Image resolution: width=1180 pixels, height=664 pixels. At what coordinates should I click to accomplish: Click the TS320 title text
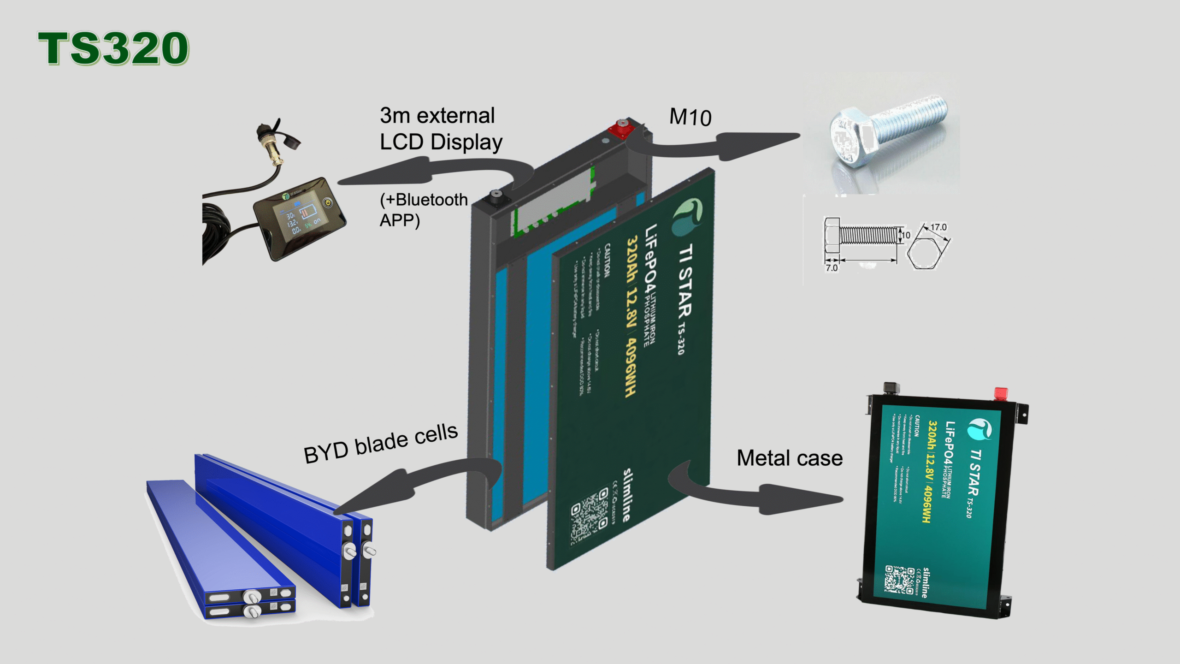113,48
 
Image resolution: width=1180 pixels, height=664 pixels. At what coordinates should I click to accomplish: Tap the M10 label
690,117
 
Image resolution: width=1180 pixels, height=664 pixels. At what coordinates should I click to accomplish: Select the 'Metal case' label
790,458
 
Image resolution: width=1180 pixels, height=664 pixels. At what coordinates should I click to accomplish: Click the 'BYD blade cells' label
381,444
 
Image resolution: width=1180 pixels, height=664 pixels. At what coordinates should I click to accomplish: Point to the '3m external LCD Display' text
440,129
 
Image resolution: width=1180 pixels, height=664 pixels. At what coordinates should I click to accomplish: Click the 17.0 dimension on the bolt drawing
938,227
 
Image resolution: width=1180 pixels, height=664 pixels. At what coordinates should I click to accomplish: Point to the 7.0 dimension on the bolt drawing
832,268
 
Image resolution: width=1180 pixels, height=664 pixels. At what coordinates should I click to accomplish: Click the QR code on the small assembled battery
899,579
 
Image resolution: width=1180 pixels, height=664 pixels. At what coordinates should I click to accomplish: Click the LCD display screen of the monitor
300,217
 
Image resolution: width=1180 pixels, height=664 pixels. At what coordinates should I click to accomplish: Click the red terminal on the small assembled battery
1001,394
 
